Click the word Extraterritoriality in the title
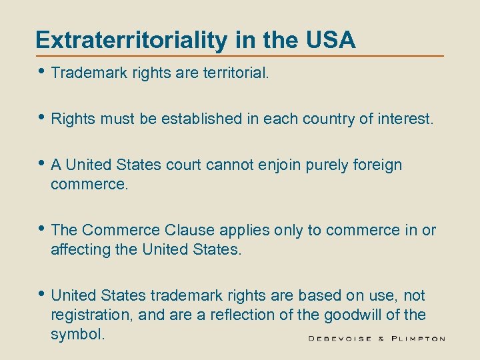(x=131, y=40)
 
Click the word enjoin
(x=278, y=165)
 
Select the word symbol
(x=77, y=333)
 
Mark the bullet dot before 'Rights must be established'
(x=42, y=119)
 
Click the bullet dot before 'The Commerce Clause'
(x=42, y=229)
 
